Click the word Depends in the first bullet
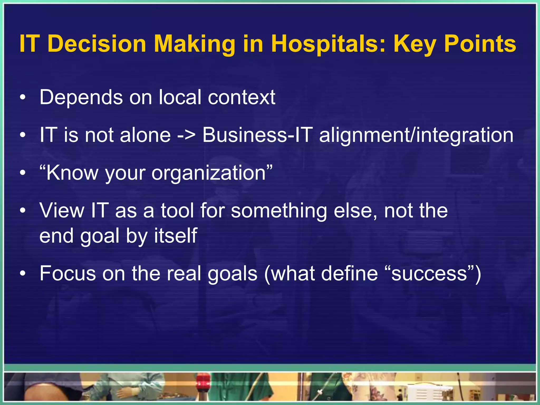pyautogui.click(x=81, y=97)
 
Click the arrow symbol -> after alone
pyautogui.click(x=186, y=135)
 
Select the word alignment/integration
pyautogui.click(x=416, y=135)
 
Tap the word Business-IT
pyautogui.click(x=257, y=135)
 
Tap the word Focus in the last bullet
pyautogui.click(x=68, y=274)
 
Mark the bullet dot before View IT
pyautogui.click(x=23, y=211)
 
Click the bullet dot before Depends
pyautogui.click(x=23, y=98)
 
